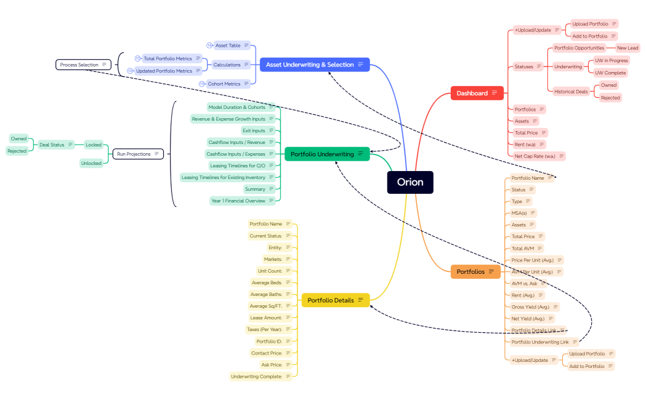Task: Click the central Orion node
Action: point(410,182)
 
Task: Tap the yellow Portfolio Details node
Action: point(335,300)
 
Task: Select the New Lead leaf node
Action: point(628,48)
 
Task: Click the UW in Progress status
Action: point(611,60)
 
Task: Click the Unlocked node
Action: point(91,163)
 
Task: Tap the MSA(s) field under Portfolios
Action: point(519,213)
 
